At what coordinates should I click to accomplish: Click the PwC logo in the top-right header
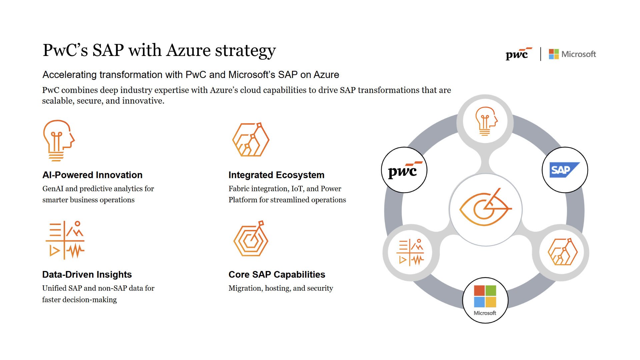click(x=518, y=54)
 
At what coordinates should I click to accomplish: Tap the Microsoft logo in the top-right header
click(x=572, y=54)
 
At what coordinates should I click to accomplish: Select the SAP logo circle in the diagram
click(x=565, y=170)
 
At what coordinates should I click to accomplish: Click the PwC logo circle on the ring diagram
click(x=404, y=170)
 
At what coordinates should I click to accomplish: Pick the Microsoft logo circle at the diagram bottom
click(x=485, y=300)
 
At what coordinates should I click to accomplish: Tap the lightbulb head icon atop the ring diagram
click(x=486, y=121)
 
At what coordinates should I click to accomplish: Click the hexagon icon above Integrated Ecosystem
click(x=251, y=140)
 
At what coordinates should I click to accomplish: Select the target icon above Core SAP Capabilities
click(x=251, y=239)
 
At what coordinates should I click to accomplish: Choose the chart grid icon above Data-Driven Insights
click(x=65, y=240)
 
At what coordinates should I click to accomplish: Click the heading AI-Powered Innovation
click(x=92, y=175)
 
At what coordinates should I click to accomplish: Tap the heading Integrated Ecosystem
click(x=276, y=175)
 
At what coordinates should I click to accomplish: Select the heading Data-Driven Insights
click(x=87, y=275)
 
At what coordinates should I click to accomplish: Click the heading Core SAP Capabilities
click(x=277, y=275)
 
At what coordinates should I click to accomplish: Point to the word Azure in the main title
click(x=188, y=51)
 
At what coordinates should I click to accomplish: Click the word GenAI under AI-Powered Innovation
click(x=53, y=189)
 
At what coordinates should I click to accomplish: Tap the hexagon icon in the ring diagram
click(x=563, y=252)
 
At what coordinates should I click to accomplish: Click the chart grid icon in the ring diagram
click(x=410, y=252)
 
